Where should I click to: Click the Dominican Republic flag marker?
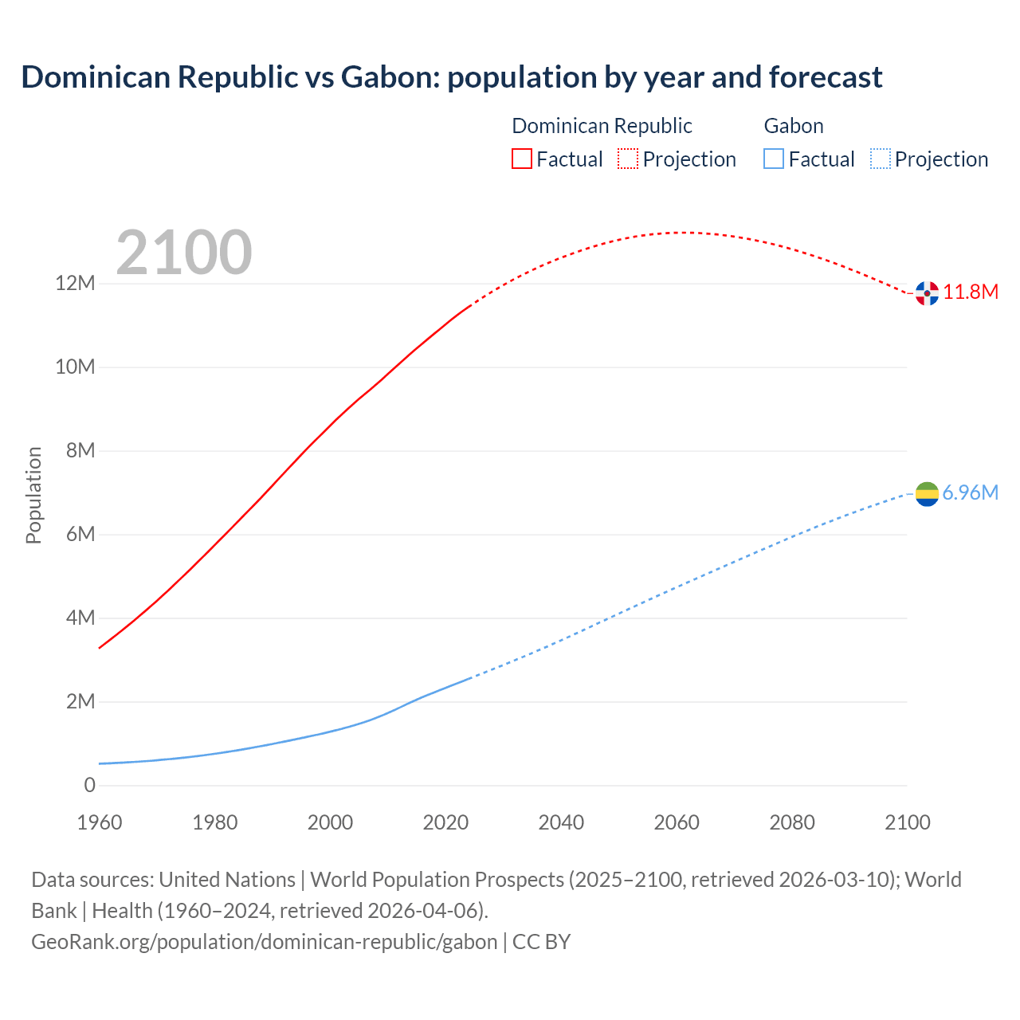927,293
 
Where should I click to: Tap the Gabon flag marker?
927,494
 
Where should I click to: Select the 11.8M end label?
971,292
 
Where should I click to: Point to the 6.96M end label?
970,493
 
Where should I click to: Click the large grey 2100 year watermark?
184,253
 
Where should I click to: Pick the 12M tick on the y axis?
75,284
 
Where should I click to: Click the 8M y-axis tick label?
80,451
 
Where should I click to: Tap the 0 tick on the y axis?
89,786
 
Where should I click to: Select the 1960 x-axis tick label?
100,822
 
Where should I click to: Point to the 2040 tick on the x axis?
561,822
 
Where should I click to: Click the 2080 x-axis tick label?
792,822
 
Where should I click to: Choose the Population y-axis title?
33,495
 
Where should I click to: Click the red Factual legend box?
522,159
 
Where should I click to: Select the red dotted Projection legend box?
628,159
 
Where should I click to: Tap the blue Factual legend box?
774,159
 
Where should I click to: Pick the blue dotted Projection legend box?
880,159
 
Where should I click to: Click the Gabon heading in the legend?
794,126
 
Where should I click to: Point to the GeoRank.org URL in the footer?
264,942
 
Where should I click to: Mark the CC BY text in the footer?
542,942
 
